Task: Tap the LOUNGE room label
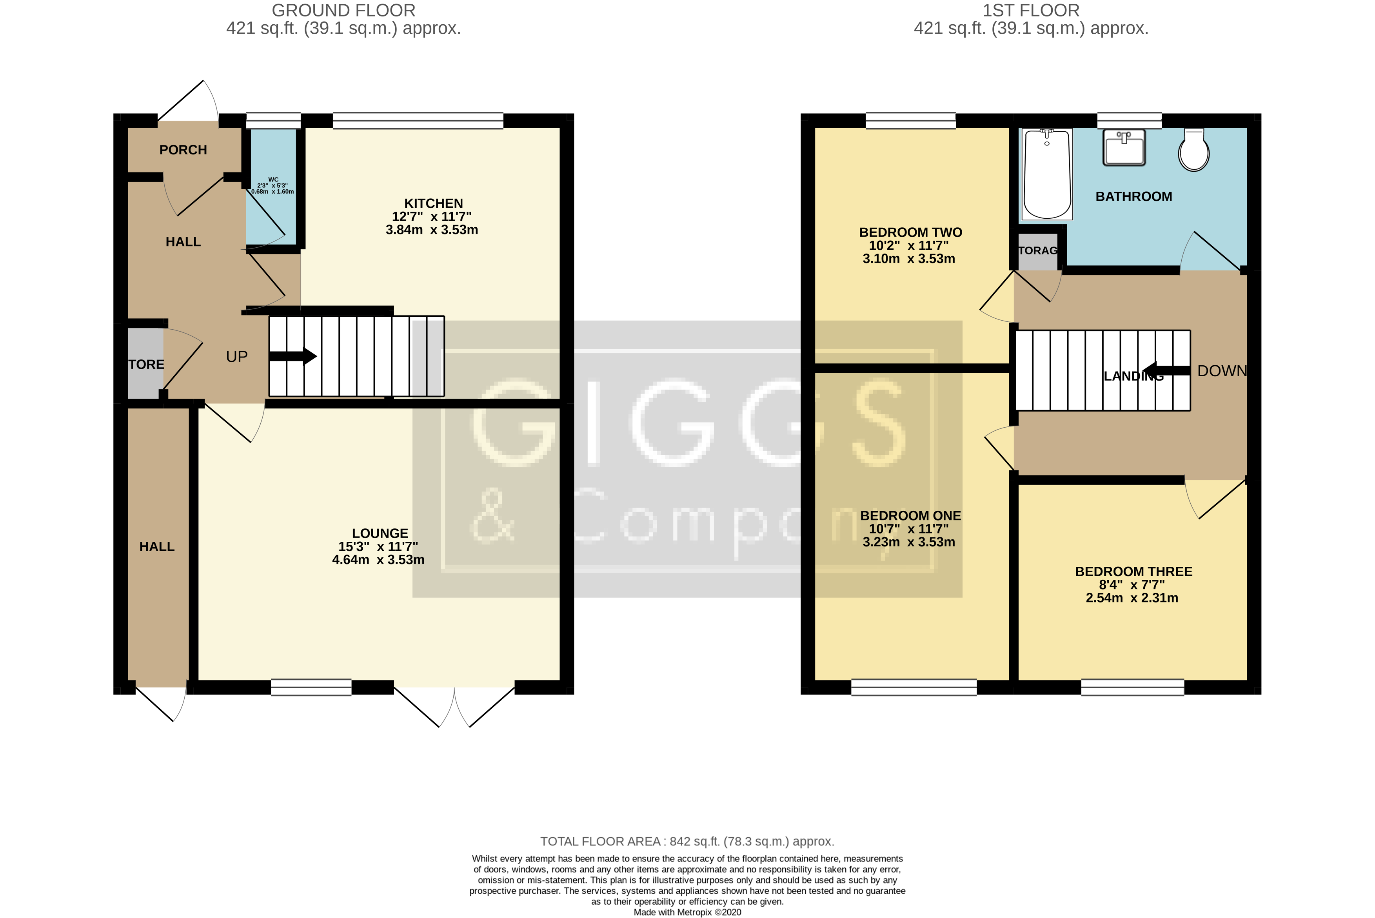coord(380,533)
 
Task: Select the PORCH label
coord(183,150)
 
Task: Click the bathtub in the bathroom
coord(1047,174)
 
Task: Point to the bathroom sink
coord(1124,147)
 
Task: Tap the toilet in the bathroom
coord(1193,151)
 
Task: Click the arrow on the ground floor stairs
coord(293,356)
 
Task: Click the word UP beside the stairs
coord(236,357)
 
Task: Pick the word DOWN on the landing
coord(1222,370)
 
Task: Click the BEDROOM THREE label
coord(1133,571)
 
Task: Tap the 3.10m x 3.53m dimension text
coord(908,259)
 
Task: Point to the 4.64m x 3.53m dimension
coord(378,560)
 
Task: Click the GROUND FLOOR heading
coord(344,11)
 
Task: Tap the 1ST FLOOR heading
coord(1031,11)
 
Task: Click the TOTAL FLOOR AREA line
coord(687,841)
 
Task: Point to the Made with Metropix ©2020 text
coord(687,912)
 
